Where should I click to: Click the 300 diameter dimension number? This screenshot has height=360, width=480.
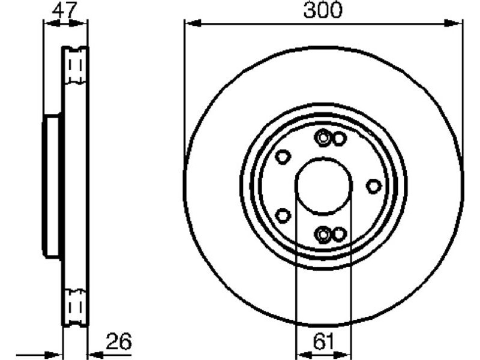[x=323, y=10]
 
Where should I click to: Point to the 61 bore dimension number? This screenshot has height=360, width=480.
[x=324, y=341]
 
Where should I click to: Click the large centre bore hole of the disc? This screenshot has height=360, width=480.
[x=324, y=185]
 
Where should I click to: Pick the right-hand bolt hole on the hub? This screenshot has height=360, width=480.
[x=374, y=186]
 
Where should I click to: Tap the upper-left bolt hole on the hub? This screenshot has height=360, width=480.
[x=282, y=157]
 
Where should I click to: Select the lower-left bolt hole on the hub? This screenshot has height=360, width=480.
[x=283, y=215]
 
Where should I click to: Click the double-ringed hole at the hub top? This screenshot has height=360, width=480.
[x=323, y=138]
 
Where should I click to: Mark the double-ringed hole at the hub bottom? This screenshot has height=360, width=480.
[x=323, y=235]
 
